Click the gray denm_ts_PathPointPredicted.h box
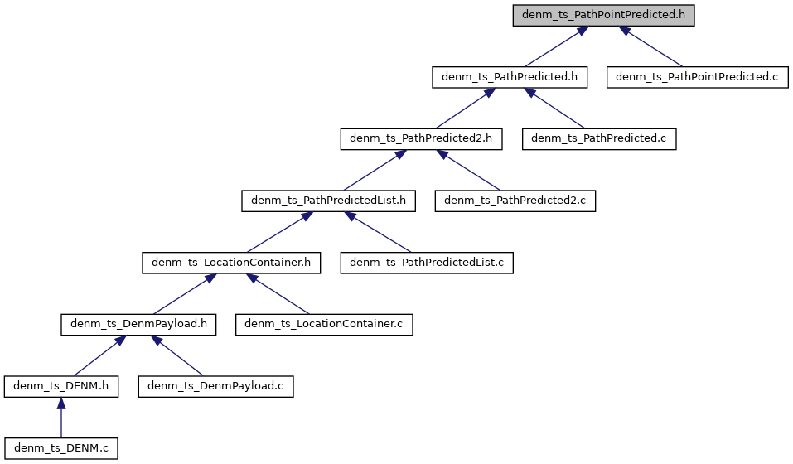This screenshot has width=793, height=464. [x=603, y=15]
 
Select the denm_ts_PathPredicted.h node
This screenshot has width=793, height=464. [x=510, y=77]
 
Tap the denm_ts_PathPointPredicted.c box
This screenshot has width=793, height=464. [x=696, y=77]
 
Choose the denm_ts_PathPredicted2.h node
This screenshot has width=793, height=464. [x=422, y=139]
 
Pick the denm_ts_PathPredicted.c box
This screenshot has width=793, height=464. [x=599, y=139]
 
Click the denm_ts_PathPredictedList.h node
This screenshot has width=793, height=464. [x=328, y=201]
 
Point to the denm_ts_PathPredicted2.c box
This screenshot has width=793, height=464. [x=515, y=201]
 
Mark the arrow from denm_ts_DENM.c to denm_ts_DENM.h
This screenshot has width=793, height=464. [x=60, y=418]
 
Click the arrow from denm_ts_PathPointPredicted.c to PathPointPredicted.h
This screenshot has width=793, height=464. [x=655, y=48]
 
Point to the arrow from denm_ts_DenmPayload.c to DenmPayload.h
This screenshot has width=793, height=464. [x=176, y=357]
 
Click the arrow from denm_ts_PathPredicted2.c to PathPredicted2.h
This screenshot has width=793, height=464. [x=470, y=171]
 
